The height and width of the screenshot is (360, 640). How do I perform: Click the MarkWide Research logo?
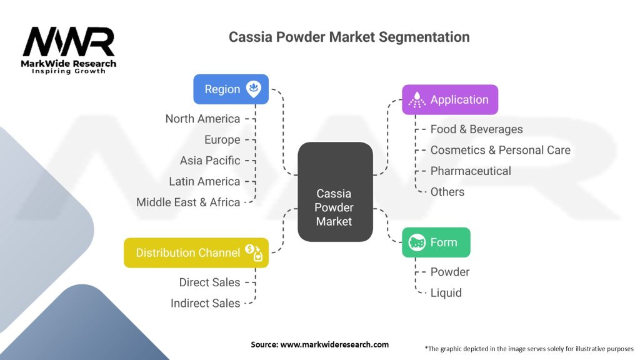pyautogui.click(x=69, y=50)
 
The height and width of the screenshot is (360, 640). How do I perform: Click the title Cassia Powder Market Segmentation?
pyautogui.click(x=349, y=37)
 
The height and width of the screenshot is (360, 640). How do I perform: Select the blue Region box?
pyautogui.click(x=231, y=89)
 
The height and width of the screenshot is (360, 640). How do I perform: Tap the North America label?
pyautogui.click(x=202, y=119)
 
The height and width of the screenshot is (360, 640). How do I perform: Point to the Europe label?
pyautogui.click(x=222, y=139)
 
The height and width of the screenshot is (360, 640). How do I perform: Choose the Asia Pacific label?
pyautogui.click(x=209, y=161)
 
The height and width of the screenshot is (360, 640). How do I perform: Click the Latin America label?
pyautogui.click(x=204, y=181)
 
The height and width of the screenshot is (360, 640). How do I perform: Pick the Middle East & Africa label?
pyautogui.click(x=188, y=202)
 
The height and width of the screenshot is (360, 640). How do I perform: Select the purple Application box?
pyautogui.click(x=449, y=99)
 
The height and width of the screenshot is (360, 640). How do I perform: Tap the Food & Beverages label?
pyautogui.click(x=476, y=129)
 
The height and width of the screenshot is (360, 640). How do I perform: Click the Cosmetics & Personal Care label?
pyautogui.click(x=500, y=150)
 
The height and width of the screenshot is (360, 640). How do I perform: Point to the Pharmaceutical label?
pyautogui.click(x=471, y=171)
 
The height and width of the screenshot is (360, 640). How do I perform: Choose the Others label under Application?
pyautogui.click(x=447, y=192)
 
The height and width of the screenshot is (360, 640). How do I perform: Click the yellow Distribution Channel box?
pyautogui.click(x=196, y=252)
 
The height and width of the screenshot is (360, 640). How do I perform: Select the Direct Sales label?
pyautogui.click(x=209, y=282)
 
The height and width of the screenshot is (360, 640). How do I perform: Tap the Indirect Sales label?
pyautogui.click(x=205, y=303)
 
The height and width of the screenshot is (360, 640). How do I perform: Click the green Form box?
pyautogui.click(x=436, y=242)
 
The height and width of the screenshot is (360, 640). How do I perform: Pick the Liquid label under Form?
pyautogui.click(x=446, y=292)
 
